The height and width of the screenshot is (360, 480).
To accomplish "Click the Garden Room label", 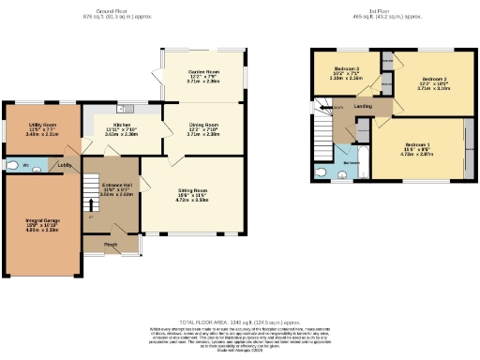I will tap(203, 71).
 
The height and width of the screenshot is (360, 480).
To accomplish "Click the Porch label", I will tap(110, 246).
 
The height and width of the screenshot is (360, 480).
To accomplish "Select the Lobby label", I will tap(66, 166).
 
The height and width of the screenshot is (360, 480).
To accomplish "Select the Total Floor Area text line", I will tap(240, 321).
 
